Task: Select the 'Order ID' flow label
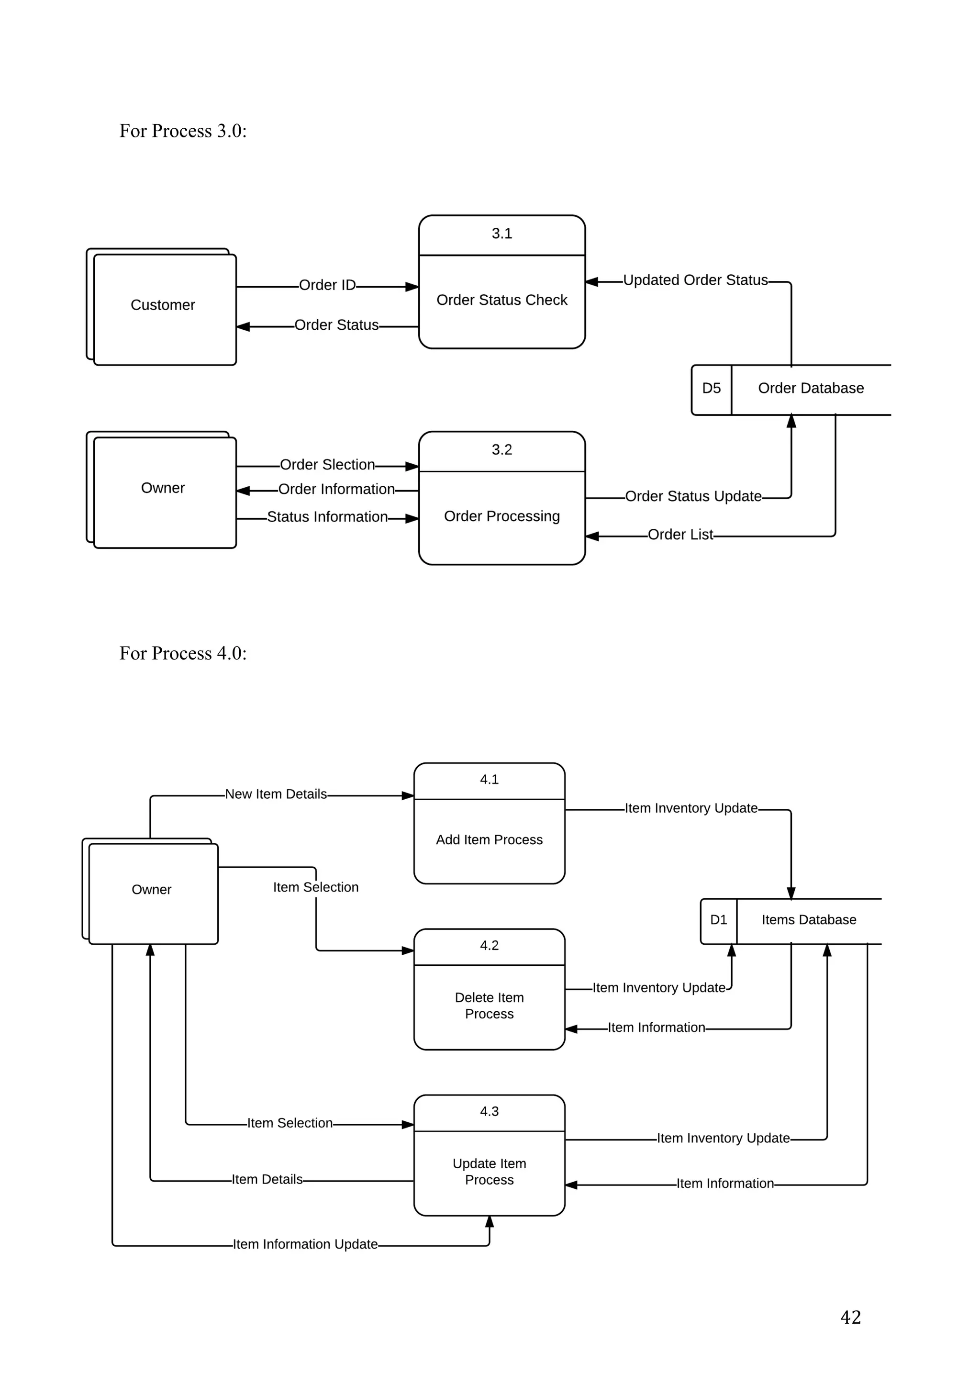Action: pyautogui.click(x=327, y=285)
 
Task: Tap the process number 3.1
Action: pyautogui.click(x=501, y=234)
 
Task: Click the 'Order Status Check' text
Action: pyautogui.click(x=501, y=300)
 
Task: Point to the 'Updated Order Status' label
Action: pyautogui.click(x=695, y=280)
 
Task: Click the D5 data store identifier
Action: pyautogui.click(x=712, y=388)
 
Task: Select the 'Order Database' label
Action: pyautogui.click(x=811, y=388)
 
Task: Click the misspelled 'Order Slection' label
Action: pyautogui.click(x=327, y=465)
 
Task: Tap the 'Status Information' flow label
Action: pyautogui.click(x=327, y=517)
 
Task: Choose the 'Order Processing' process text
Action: pyautogui.click(x=501, y=516)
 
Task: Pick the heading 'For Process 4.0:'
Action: pyautogui.click(x=183, y=653)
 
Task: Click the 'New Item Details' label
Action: pyautogui.click(x=276, y=794)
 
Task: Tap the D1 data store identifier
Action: pyautogui.click(x=718, y=920)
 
